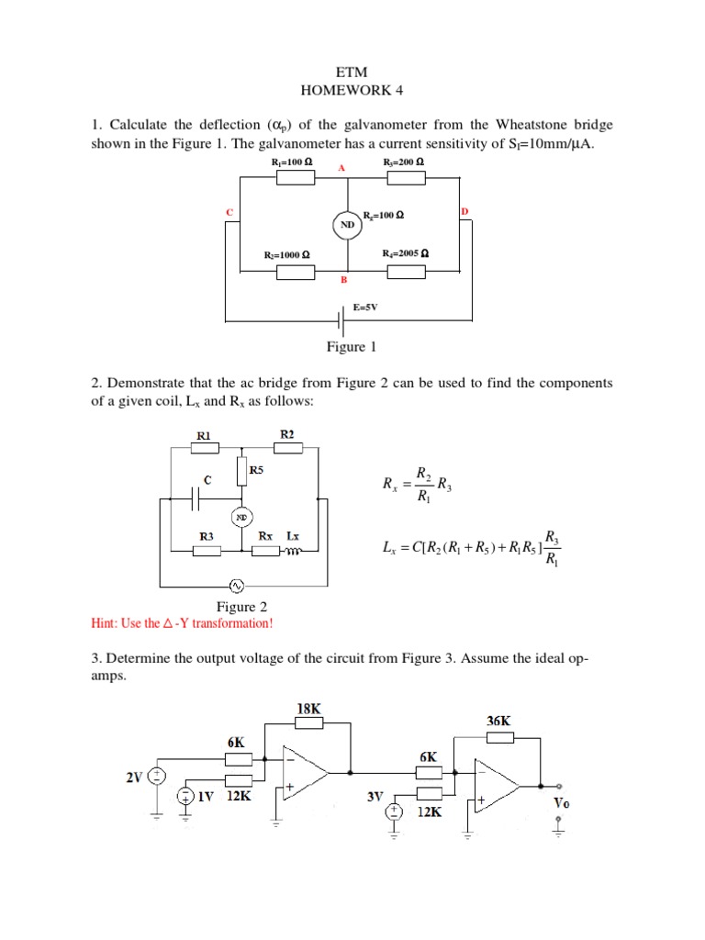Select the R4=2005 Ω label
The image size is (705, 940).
[x=407, y=253]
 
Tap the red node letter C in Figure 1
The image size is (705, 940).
[x=229, y=212]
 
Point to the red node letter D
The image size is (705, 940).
[x=464, y=211]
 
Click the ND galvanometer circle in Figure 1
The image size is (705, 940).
[x=347, y=223]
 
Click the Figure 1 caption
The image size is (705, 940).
[x=352, y=347]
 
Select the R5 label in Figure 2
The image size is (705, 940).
[x=257, y=469]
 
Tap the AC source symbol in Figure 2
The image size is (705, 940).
[x=236, y=585]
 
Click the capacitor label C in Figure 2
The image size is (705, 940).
[x=208, y=479]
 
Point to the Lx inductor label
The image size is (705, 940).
[x=293, y=534]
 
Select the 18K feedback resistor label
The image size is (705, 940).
[x=310, y=708]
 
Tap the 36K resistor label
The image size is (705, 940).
[x=498, y=722]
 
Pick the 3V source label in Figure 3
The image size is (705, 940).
[x=375, y=797]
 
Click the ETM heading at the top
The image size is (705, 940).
[x=352, y=72]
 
